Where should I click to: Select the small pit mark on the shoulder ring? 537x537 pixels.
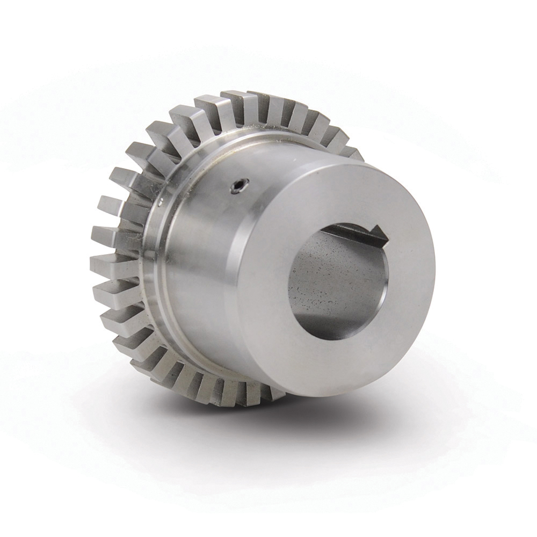point(161,202)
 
